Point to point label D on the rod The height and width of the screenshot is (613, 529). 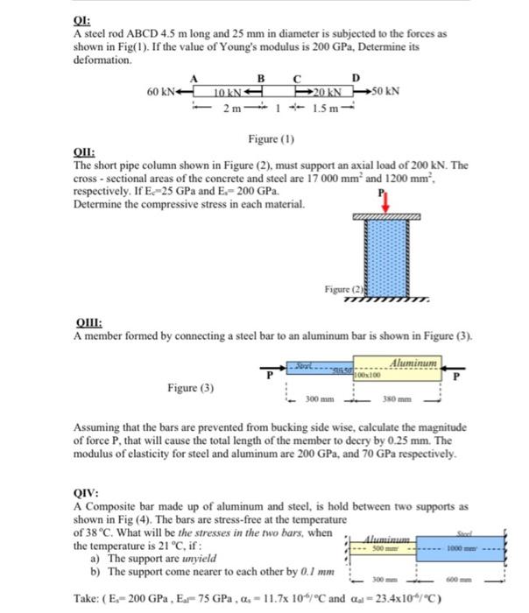(x=356, y=79)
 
